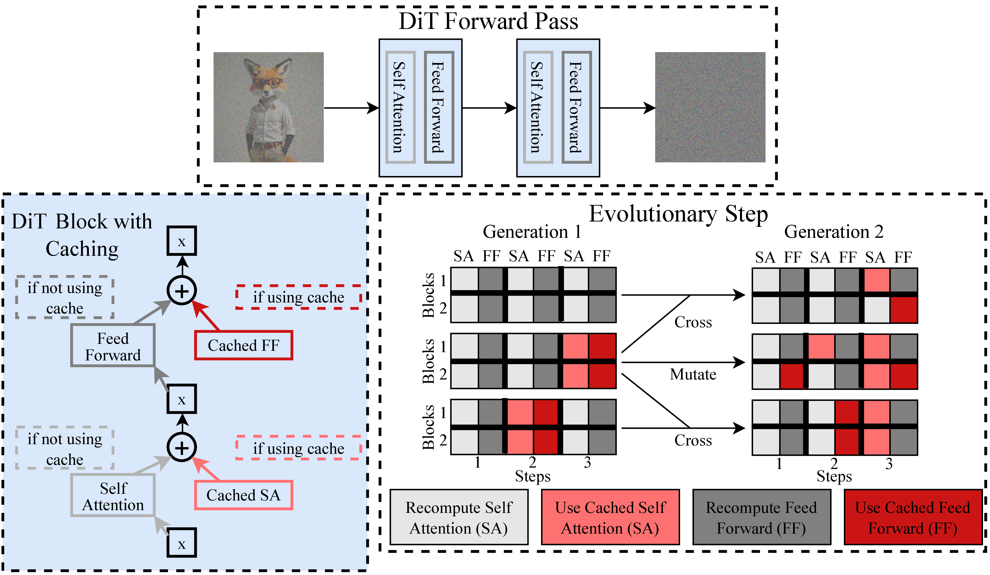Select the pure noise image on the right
(x=710, y=107)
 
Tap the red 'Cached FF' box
(x=244, y=345)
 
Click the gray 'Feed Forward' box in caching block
(x=113, y=346)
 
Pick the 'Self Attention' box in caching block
(x=113, y=496)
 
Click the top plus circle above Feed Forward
(x=181, y=291)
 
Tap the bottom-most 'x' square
(x=181, y=543)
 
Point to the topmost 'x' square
(x=181, y=241)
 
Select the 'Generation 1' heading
(x=532, y=232)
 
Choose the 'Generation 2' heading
(x=834, y=232)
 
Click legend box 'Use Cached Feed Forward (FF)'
(x=913, y=517)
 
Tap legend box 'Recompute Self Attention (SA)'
(x=459, y=517)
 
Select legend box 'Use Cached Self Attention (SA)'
(x=610, y=517)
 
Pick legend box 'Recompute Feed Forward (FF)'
(x=761, y=517)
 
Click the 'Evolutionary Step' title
(x=678, y=214)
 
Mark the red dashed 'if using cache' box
(x=299, y=297)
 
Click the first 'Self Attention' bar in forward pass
(x=400, y=107)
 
